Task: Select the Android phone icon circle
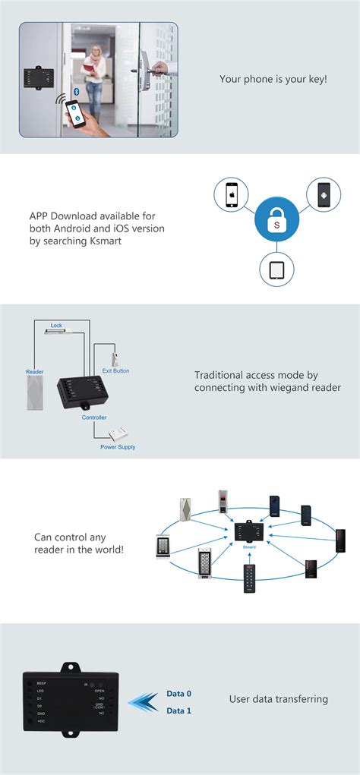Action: click(324, 194)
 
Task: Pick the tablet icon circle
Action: click(277, 268)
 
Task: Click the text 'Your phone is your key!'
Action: click(273, 79)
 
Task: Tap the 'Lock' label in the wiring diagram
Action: click(56, 326)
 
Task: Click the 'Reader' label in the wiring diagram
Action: click(34, 372)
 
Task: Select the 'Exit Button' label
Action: click(116, 371)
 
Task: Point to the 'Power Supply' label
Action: click(118, 447)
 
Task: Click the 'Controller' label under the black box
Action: click(94, 417)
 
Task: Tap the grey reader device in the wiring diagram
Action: click(35, 395)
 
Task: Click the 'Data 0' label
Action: click(179, 694)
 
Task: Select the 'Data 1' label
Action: click(179, 710)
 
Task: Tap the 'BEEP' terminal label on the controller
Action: click(42, 683)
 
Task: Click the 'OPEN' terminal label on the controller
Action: click(99, 691)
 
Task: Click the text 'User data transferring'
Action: click(278, 698)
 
